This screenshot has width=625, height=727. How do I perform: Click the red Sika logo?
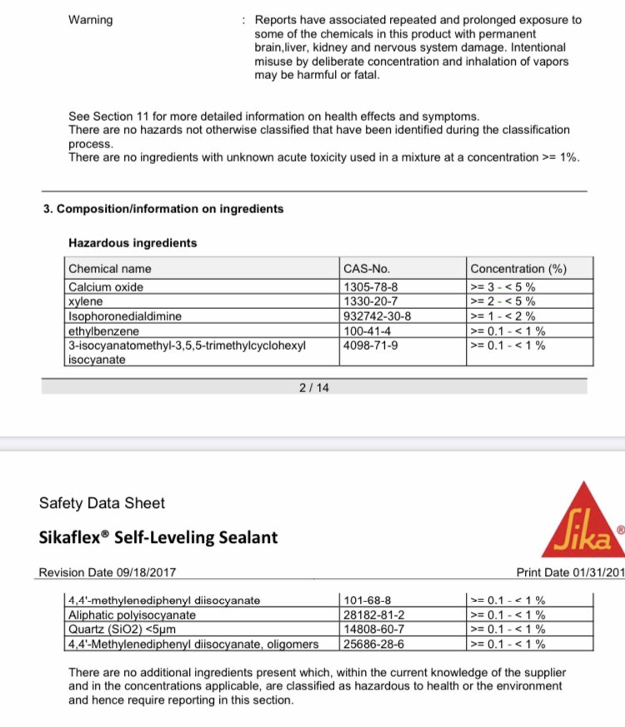click(582, 522)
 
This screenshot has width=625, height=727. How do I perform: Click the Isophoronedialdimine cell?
click(125, 316)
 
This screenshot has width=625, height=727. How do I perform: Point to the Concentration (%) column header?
click(518, 269)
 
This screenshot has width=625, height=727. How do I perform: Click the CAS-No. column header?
click(367, 269)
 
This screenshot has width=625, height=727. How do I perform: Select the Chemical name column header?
click(110, 269)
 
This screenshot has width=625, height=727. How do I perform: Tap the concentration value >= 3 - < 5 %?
click(502, 286)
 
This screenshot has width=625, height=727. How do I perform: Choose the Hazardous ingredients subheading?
click(132, 243)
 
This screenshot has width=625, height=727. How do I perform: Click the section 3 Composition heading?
click(163, 209)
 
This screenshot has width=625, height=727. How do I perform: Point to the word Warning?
click(91, 19)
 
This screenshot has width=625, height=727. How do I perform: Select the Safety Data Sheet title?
click(102, 503)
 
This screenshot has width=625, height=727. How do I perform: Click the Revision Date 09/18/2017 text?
click(107, 573)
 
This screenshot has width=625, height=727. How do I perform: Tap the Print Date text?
click(570, 573)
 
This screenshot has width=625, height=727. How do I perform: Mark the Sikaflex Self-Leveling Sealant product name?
click(158, 537)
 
